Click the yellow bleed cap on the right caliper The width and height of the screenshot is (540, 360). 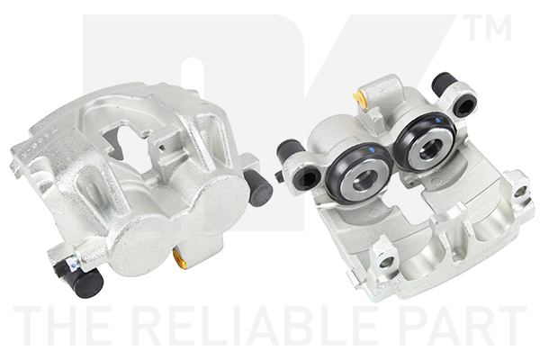(x=359, y=99)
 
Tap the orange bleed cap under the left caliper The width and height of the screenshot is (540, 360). (x=179, y=257)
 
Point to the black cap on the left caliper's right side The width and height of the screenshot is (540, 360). (x=257, y=187)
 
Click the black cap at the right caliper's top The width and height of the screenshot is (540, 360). (x=445, y=84)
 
